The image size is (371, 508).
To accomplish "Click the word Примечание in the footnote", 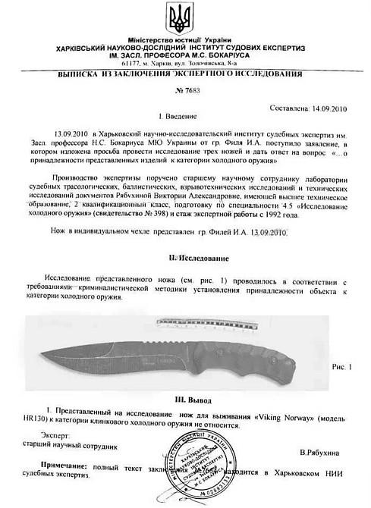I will (64, 470).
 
